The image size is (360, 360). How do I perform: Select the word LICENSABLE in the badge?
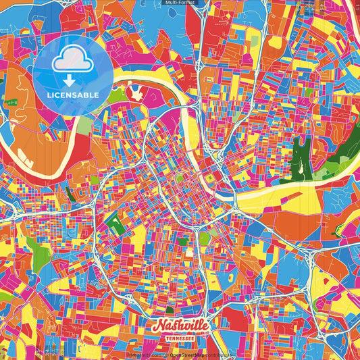coord(73,94)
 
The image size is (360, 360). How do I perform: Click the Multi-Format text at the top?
coord(180,3)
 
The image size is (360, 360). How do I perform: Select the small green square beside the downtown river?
coord(210,178)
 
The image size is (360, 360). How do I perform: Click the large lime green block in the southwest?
coord(41,257)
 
